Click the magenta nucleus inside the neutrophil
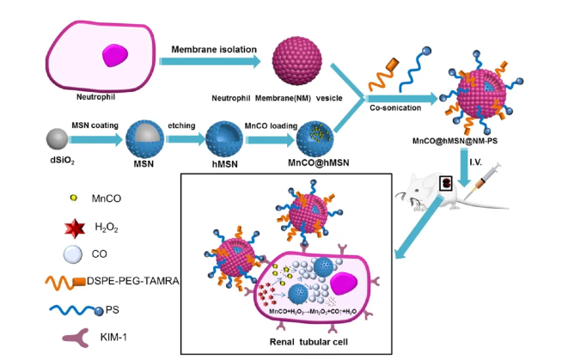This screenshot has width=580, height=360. pos(117,57)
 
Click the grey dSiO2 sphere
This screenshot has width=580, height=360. pos(58,138)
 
